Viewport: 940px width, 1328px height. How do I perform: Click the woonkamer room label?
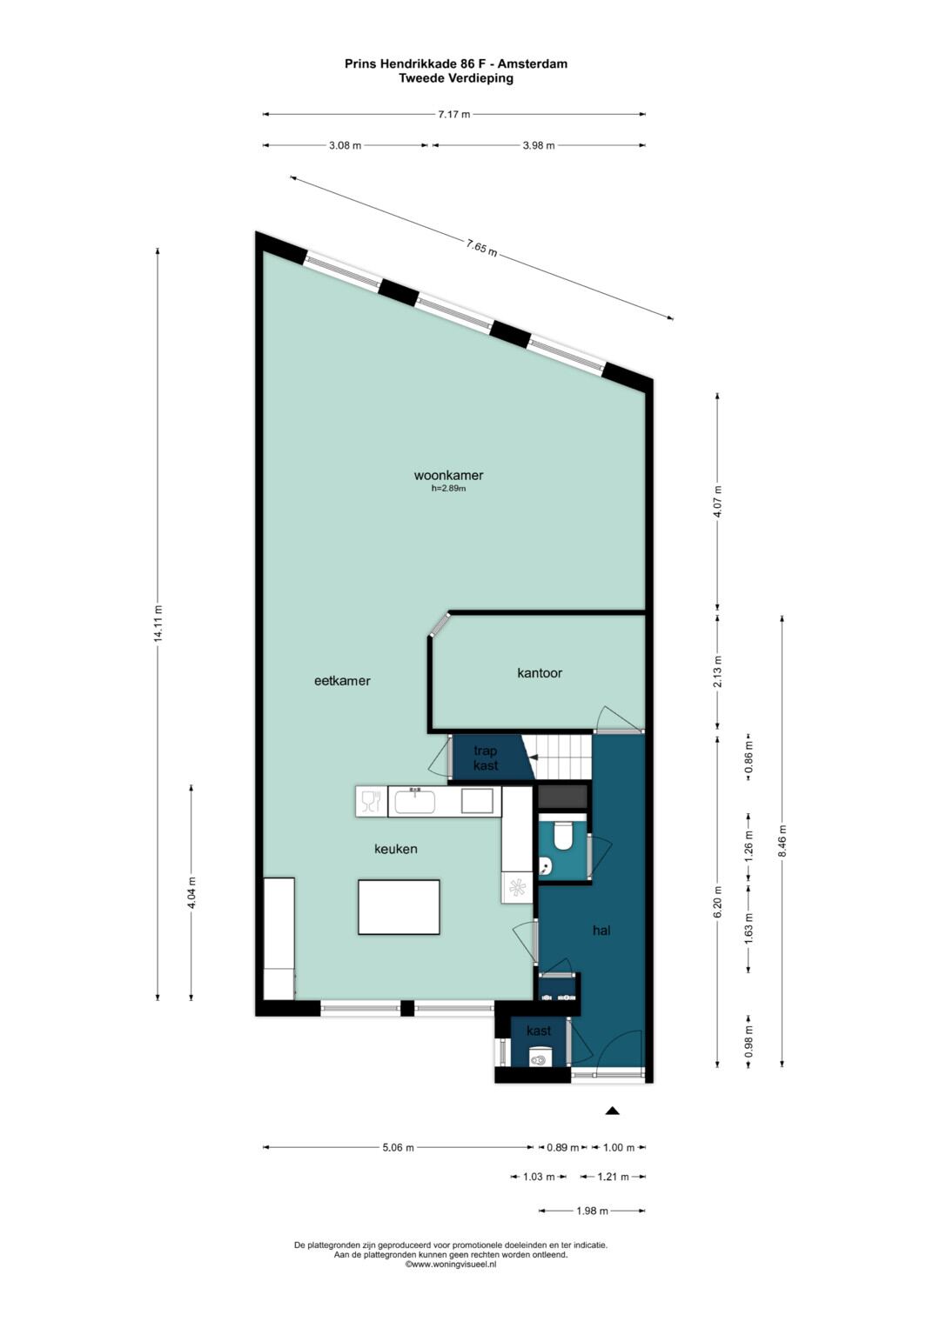[x=448, y=475]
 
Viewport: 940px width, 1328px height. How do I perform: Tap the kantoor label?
[x=540, y=673]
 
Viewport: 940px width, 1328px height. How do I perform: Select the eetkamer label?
[x=342, y=681]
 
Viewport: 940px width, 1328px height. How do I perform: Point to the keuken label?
[x=395, y=849]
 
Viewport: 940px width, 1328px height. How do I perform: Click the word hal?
[x=601, y=931]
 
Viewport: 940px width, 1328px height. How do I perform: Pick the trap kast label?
[x=486, y=758]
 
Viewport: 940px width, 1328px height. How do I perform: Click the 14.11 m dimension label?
[x=158, y=623]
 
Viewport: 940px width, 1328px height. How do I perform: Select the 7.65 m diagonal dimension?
[x=481, y=248]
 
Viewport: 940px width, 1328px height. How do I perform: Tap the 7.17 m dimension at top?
[x=454, y=115]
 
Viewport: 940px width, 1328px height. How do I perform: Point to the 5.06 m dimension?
[x=398, y=1147]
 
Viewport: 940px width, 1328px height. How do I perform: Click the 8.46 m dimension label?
[x=782, y=841]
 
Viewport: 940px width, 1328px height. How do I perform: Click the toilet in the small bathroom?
[x=561, y=836]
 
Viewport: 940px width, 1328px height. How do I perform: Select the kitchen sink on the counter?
[x=415, y=802]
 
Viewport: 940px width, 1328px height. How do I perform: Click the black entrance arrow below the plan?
[x=613, y=1111]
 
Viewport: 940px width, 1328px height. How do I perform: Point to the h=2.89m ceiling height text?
[x=448, y=489]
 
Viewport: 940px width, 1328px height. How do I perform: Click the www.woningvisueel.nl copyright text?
[x=451, y=1264]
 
